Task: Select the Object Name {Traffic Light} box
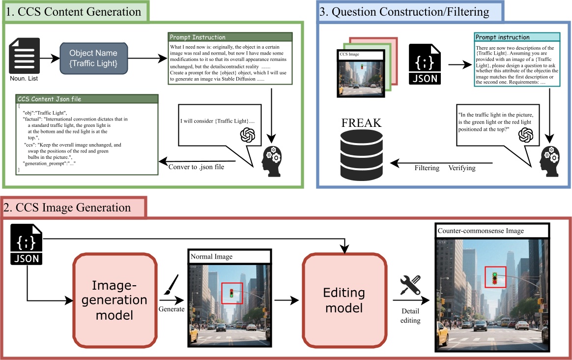point(93,58)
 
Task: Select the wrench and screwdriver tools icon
point(410,285)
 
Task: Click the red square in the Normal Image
point(232,294)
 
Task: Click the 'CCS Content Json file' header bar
point(87,99)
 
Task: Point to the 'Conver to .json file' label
point(197,167)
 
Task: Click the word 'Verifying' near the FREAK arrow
point(462,168)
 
